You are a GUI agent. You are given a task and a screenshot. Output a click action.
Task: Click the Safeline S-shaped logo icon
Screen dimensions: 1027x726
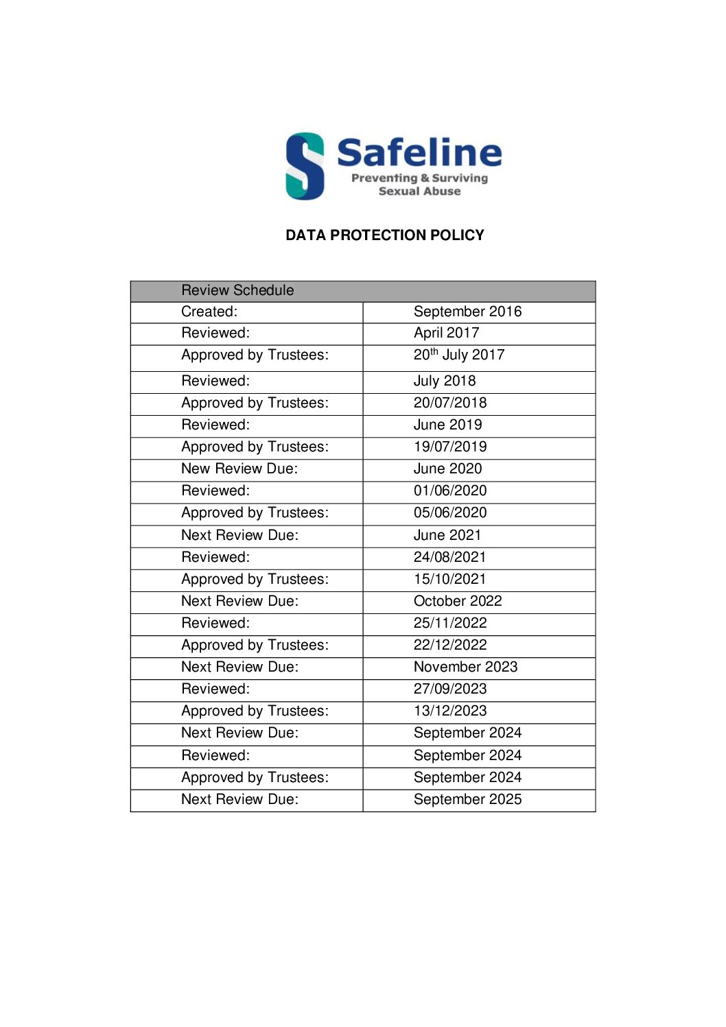pos(305,166)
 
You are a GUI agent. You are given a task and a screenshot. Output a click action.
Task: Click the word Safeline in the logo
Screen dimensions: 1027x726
pos(419,152)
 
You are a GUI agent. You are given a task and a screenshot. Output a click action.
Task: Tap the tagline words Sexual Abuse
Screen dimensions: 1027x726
pos(419,191)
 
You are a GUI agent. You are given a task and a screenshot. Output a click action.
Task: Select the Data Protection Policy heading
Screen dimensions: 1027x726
pos(384,235)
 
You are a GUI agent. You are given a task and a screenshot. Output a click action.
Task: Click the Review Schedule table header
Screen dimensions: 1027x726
pos(237,290)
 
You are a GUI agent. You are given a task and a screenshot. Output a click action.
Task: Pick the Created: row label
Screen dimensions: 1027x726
pos(209,311)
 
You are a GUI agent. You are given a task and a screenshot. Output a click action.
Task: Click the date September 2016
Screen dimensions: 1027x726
pos(467,311)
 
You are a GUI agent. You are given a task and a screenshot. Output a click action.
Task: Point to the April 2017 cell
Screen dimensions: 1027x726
pos(446,333)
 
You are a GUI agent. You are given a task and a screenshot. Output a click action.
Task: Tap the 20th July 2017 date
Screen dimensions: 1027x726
pos(458,355)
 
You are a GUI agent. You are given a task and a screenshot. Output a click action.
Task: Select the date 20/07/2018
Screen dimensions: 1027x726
pos(450,403)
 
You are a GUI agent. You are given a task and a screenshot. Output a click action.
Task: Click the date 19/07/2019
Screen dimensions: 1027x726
pos(450,447)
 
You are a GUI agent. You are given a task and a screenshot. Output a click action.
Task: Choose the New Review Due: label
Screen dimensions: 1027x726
pos(239,469)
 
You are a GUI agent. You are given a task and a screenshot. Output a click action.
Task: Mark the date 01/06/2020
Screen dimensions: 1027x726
pos(450,491)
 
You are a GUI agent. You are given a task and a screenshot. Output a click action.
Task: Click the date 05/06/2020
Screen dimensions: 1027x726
pos(450,512)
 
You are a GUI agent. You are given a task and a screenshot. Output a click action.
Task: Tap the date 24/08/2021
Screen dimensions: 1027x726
pos(449,557)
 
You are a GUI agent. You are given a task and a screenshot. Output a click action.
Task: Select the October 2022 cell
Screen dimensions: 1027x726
pos(458,601)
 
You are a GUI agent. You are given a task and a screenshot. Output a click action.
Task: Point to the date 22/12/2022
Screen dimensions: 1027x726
pos(450,645)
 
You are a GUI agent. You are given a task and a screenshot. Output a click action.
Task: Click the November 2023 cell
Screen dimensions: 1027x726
pos(465,667)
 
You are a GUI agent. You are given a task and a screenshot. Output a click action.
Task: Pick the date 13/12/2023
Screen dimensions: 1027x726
pos(450,711)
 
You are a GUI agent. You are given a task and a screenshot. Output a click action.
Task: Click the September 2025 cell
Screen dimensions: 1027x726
pos(467,799)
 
